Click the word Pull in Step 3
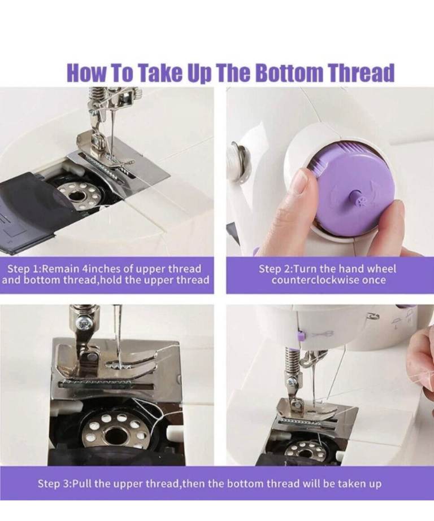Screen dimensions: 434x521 click(82, 483)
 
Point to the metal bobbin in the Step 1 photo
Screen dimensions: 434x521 click(79, 196)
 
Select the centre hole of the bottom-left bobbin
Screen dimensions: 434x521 click(115, 436)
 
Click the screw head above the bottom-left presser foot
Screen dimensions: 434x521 click(82, 322)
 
